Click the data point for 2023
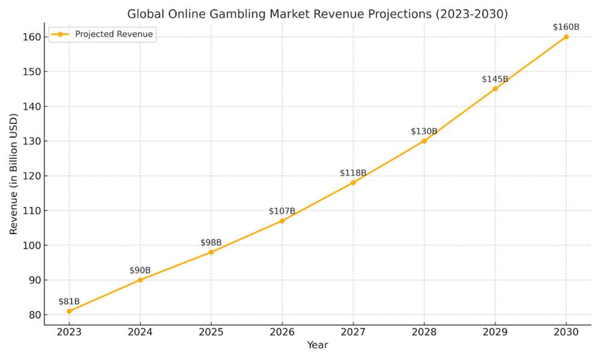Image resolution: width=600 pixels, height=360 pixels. pyautogui.click(x=69, y=311)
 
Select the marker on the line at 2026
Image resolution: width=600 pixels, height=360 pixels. pyautogui.click(x=282, y=221)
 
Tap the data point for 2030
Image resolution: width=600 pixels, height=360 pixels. pyautogui.click(x=566, y=37)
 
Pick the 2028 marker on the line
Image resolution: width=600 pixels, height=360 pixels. pyautogui.click(x=424, y=141)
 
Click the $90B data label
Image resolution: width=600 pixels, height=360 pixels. pyautogui.click(x=140, y=271)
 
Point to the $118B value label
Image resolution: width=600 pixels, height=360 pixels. pyautogui.click(x=353, y=173)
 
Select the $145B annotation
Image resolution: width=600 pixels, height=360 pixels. pyautogui.click(x=495, y=79)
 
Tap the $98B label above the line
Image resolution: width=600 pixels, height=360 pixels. pyautogui.click(x=211, y=242)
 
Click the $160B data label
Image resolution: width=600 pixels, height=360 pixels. pyautogui.click(x=566, y=27)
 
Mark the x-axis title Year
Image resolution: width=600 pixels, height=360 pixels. pyautogui.click(x=317, y=346)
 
